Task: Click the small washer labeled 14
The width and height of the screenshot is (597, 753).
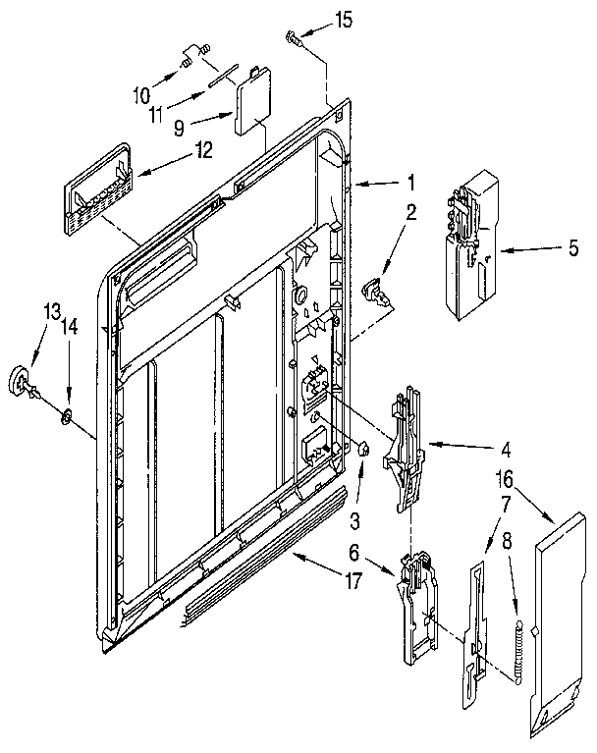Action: (67, 419)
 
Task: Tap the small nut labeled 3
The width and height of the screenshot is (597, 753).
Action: (363, 449)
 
